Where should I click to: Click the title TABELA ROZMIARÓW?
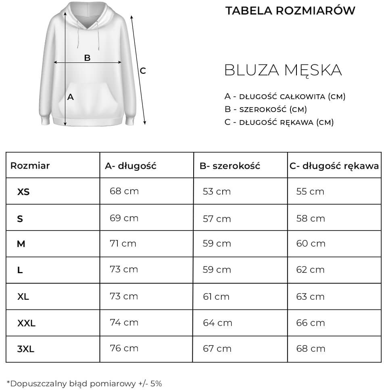pos(290,10)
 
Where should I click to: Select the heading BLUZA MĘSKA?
pos(283,70)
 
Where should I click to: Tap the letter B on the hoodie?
pos(87,58)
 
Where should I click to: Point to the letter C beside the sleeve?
pos(143,71)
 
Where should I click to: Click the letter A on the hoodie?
pos(71,97)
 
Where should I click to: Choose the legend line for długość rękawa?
pos(279,122)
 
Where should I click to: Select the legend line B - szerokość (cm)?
pos(266,109)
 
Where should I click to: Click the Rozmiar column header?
pos(30,165)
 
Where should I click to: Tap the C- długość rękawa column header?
pos(334,165)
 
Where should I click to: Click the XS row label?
pos(23,192)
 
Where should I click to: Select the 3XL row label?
pos(26,349)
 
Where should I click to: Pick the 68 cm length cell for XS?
pos(124,191)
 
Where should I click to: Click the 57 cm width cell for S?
pos(217,218)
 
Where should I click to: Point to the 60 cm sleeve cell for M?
pos(311,243)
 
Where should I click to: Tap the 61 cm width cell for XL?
pos(216,297)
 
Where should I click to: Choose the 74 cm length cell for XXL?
pos(124,322)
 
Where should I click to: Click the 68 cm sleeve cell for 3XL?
pos(311,349)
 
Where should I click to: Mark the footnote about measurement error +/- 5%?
pos(84,384)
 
